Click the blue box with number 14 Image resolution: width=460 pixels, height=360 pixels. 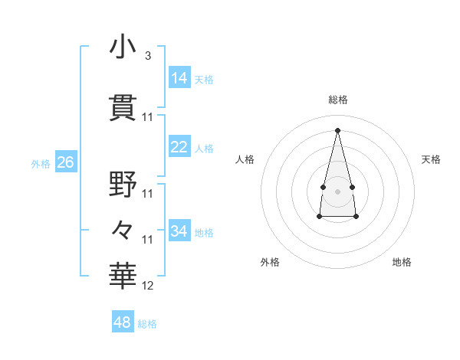click(179, 78)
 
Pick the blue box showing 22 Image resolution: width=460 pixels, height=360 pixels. click(179, 147)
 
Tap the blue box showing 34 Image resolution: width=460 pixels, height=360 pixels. click(179, 231)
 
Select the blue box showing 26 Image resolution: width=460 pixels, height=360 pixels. click(65, 162)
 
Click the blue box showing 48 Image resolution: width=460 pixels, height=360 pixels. click(123, 322)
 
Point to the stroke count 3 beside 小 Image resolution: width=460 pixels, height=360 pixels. click(147, 56)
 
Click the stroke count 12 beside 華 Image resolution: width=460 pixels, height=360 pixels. click(148, 286)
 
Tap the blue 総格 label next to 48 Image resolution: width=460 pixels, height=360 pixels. click(147, 324)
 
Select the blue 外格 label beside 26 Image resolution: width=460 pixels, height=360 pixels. click(41, 163)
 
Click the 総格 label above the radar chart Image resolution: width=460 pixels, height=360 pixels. click(338, 100)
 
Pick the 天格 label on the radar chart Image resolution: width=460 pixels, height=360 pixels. click(431, 159)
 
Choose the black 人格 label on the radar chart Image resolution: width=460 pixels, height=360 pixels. click(245, 159)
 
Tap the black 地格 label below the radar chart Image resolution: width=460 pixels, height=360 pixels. click(402, 262)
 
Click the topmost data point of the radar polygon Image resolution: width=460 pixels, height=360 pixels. click(337, 129)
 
